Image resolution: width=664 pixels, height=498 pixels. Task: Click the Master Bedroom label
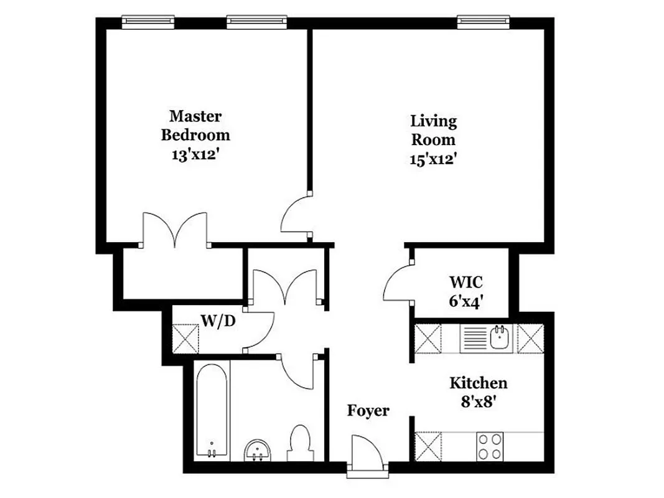195,125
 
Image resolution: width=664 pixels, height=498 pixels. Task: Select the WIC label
465,281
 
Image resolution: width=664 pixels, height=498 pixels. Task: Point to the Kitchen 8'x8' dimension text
478,402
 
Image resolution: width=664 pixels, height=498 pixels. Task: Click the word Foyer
368,411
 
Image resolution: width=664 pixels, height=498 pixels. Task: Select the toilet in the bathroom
301,442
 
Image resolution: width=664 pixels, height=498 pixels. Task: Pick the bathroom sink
257,449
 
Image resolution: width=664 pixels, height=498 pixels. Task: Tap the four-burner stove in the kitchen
490,446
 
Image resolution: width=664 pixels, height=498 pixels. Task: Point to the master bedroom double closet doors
175,230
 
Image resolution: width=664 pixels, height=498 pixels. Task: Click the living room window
484,22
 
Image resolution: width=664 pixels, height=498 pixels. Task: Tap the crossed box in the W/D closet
185,339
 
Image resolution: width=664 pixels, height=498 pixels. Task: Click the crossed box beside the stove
428,446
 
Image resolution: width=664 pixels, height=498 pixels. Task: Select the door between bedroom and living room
296,215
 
